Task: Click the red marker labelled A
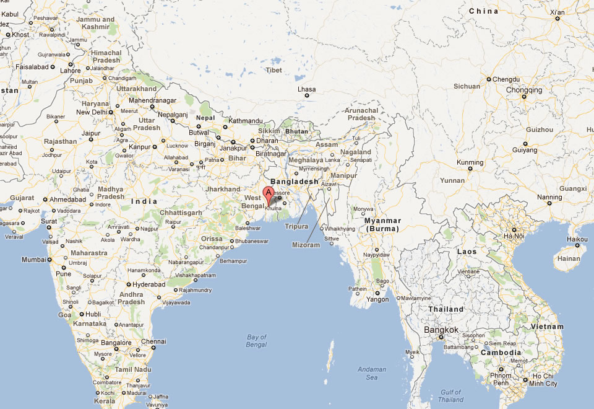[269, 193]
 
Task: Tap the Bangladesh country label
[295, 181]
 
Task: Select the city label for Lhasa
[306, 89]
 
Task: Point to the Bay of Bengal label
[256, 341]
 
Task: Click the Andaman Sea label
[372, 373]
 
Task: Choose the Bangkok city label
[441, 330]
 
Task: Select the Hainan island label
[569, 259]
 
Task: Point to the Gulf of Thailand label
[451, 395]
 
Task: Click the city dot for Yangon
[377, 292]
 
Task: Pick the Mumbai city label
[35, 259]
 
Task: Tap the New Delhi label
[91, 112]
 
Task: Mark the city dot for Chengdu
[488, 79]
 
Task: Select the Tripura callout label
[298, 227]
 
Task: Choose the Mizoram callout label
[306, 245]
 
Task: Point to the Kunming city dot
[470, 168]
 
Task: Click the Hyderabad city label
[149, 284]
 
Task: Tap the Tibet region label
[274, 70]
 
